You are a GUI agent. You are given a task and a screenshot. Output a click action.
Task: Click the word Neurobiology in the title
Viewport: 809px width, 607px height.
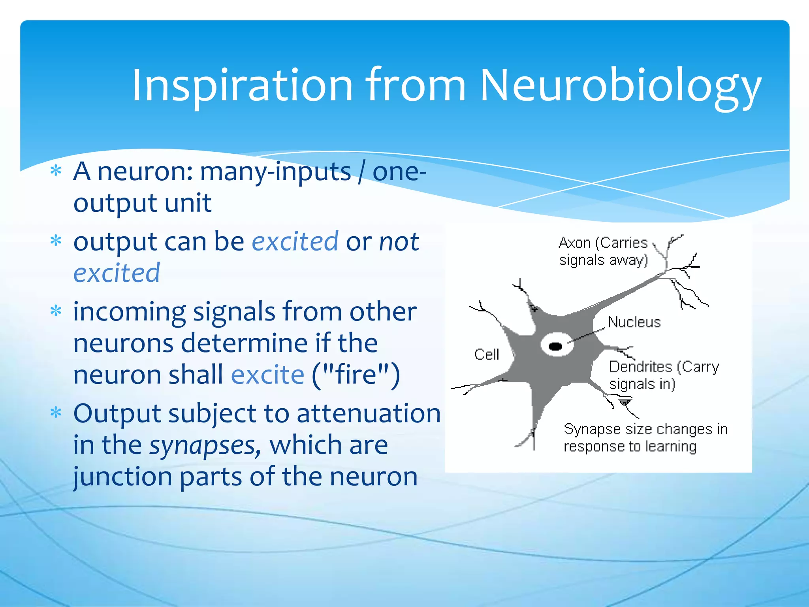click(620, 86)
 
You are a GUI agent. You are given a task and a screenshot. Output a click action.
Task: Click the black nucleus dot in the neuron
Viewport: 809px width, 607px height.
click(555, 347)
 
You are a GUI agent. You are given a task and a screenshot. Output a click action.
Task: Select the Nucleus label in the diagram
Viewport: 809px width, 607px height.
click(634, 322)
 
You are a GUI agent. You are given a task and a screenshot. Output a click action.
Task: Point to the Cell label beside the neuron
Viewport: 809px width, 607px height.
click(487, 354)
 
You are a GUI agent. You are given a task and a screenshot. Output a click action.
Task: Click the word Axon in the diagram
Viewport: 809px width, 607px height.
click(574, 243)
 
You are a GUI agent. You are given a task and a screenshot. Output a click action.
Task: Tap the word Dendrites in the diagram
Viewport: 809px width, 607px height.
click(640, 367)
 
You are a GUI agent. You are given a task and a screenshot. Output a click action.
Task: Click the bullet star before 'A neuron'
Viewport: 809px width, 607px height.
click(56, 171)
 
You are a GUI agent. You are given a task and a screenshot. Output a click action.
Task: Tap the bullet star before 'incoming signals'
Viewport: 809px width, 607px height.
click(56, 311)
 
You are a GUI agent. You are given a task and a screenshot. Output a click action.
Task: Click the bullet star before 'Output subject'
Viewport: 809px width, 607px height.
click(56, 413)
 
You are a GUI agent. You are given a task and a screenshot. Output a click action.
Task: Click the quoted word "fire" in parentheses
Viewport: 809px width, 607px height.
click(356, 375)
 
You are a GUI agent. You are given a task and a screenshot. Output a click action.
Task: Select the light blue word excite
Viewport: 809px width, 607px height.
click(267, 375)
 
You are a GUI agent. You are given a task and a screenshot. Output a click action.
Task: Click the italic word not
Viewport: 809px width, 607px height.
click(399, 241)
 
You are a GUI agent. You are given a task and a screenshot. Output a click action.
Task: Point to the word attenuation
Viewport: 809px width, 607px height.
click(368, 413)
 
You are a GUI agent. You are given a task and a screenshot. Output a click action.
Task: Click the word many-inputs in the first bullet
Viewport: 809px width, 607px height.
click(275, 172)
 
